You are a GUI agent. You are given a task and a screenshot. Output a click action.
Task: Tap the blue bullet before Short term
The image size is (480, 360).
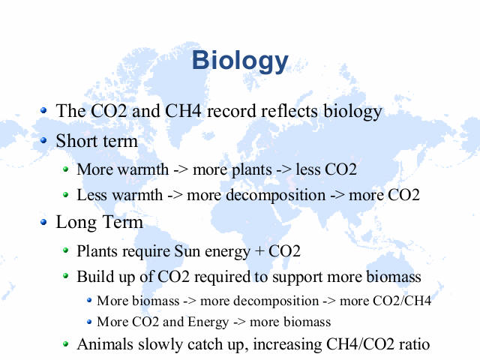click(43, 140)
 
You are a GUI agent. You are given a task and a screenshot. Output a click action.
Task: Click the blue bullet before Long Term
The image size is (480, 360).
click(43, 222)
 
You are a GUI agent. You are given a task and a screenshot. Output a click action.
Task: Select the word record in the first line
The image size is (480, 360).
click(232, 111)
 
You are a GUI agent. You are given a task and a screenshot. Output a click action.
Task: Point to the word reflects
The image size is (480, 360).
click(289, 111)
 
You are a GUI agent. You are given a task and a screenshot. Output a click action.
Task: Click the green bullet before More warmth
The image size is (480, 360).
click(65, 169)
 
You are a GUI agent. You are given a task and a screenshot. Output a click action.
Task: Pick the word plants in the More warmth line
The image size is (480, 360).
click(252, 170)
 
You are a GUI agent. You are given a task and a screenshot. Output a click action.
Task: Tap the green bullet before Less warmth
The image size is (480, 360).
click(65, 194)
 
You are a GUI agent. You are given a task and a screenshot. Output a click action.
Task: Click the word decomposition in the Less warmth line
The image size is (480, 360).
click(275, 196)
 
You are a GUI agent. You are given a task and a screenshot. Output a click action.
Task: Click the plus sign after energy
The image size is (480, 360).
click(259, 251)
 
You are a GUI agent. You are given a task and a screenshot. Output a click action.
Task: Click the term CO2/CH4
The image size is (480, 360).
click(402, 301)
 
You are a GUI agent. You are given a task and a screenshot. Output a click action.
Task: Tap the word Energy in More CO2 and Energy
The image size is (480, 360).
click(208, 322)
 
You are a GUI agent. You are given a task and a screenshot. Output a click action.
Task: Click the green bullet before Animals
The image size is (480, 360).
click(65, 343)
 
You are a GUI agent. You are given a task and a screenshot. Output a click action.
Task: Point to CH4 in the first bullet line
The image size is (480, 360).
click(183, 111)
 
